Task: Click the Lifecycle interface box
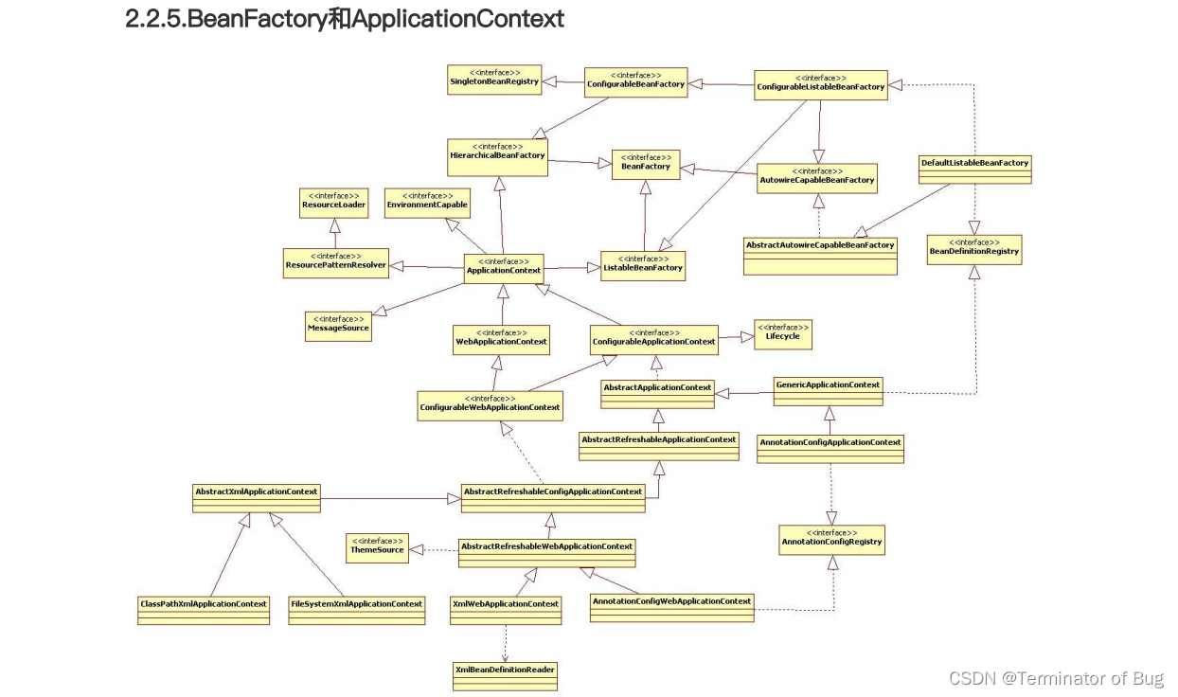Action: pyautogui.click(x=782, y=333)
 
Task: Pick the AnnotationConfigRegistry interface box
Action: pyautogui.click(x=831, y=541)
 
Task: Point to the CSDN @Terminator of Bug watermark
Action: pyautogui.click(x=1055, y=678)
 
